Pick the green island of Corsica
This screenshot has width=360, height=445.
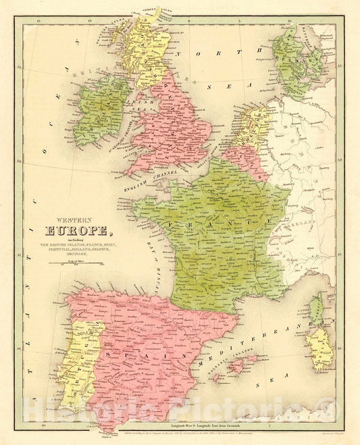coord(316,310)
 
